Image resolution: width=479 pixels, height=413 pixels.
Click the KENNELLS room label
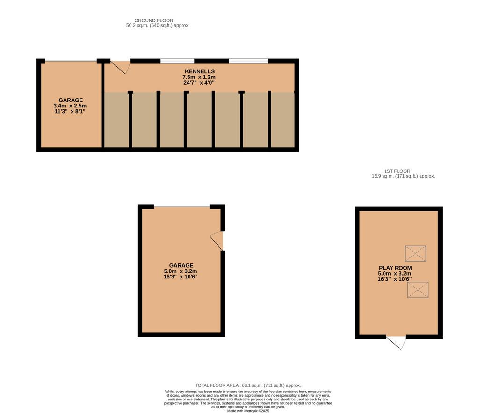pos(200,71)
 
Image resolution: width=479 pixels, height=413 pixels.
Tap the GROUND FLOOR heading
pos(153,21)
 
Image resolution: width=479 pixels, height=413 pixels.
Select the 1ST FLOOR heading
pos(397,171)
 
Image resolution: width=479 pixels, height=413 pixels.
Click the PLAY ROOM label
pos(395,268)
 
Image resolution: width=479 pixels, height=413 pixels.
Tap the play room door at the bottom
pos(396,342)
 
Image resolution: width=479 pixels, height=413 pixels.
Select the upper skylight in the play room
pos(415,254)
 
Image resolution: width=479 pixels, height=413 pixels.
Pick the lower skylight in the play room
pos(418,290)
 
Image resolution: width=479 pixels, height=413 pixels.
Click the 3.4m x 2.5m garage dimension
pos(70,106)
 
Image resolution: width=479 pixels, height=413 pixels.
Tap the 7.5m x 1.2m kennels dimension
pos(199,77)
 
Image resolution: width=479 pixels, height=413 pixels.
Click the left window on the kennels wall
pos(177,61)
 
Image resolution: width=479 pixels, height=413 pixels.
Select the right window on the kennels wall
pos(248,61)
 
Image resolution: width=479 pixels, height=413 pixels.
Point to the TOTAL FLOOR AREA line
pos(248,385)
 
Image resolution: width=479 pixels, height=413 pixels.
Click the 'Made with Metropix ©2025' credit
pos(248,411)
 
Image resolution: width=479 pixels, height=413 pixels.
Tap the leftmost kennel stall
pos(116,120)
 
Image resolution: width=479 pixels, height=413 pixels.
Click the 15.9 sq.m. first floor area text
pos(403,176)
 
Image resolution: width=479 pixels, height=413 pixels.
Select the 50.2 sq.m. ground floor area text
pos(158,26)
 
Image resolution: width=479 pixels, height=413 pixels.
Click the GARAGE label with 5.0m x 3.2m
pos(181,265)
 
